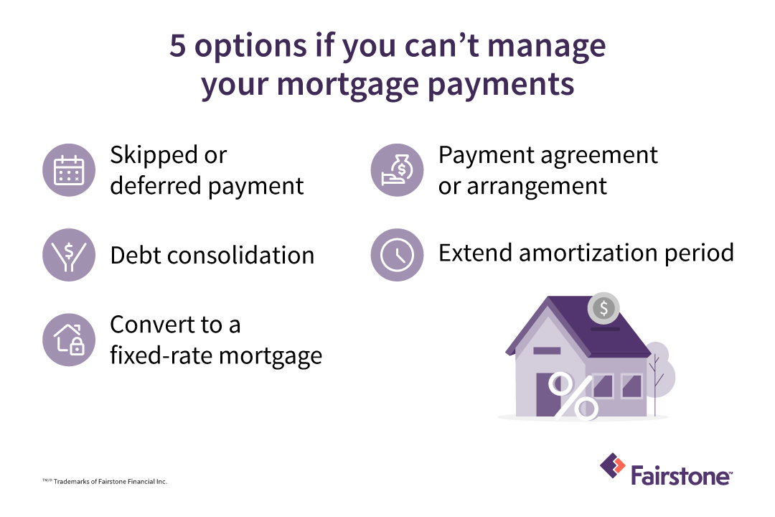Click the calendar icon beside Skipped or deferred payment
point(69,170)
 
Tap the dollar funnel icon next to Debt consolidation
point(69,255)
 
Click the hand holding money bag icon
point(397,170)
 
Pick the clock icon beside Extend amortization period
point(397,255)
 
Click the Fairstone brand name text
point(681,475)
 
